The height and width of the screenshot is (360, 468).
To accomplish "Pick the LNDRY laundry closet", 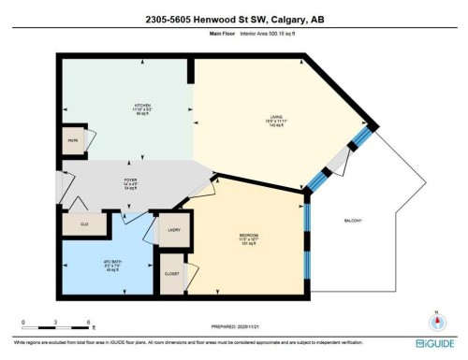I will [x=174, y=228].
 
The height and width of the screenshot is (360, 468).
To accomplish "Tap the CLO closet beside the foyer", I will [x=82, y=224].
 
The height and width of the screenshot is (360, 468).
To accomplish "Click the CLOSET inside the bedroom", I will [x=171, y=274].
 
